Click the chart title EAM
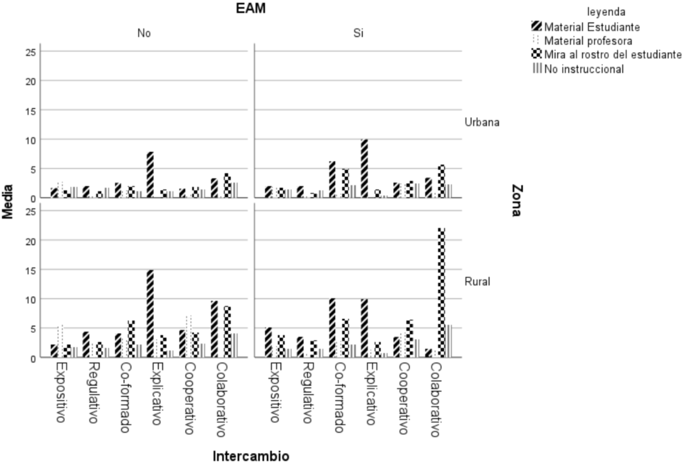pos(251,9)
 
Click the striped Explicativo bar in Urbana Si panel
pos(364,169)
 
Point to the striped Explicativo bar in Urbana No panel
pos(151,175)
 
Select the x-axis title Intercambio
pos(250,456)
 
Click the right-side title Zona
pos(517,201)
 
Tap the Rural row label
pos(478,281)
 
